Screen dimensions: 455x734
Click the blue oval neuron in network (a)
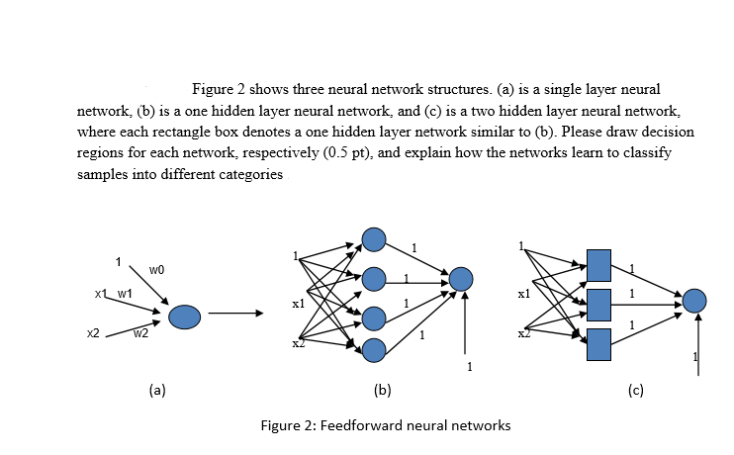[x=185, y=317]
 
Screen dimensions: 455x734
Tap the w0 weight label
[x=156, y=269]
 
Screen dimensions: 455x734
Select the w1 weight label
[x=125, y=294]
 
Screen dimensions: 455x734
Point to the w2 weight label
[x=141, y=333]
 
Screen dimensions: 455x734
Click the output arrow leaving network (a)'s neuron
[x=234, y=317]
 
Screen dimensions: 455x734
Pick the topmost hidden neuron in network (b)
[x=373, y=239]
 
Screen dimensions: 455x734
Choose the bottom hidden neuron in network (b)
[x=373, y=349]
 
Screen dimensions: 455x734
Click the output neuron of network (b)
[x=461, y=280]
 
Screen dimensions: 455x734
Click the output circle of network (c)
[x=694, y=301]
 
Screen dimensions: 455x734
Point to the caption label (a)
[x=156, y=390]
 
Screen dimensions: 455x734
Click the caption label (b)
[x=384, y=390]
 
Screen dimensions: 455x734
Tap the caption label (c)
[x=635, y=390]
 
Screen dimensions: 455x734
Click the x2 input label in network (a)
[x=92, y=334]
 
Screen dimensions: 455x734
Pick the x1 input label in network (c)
[x=524, y=295]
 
